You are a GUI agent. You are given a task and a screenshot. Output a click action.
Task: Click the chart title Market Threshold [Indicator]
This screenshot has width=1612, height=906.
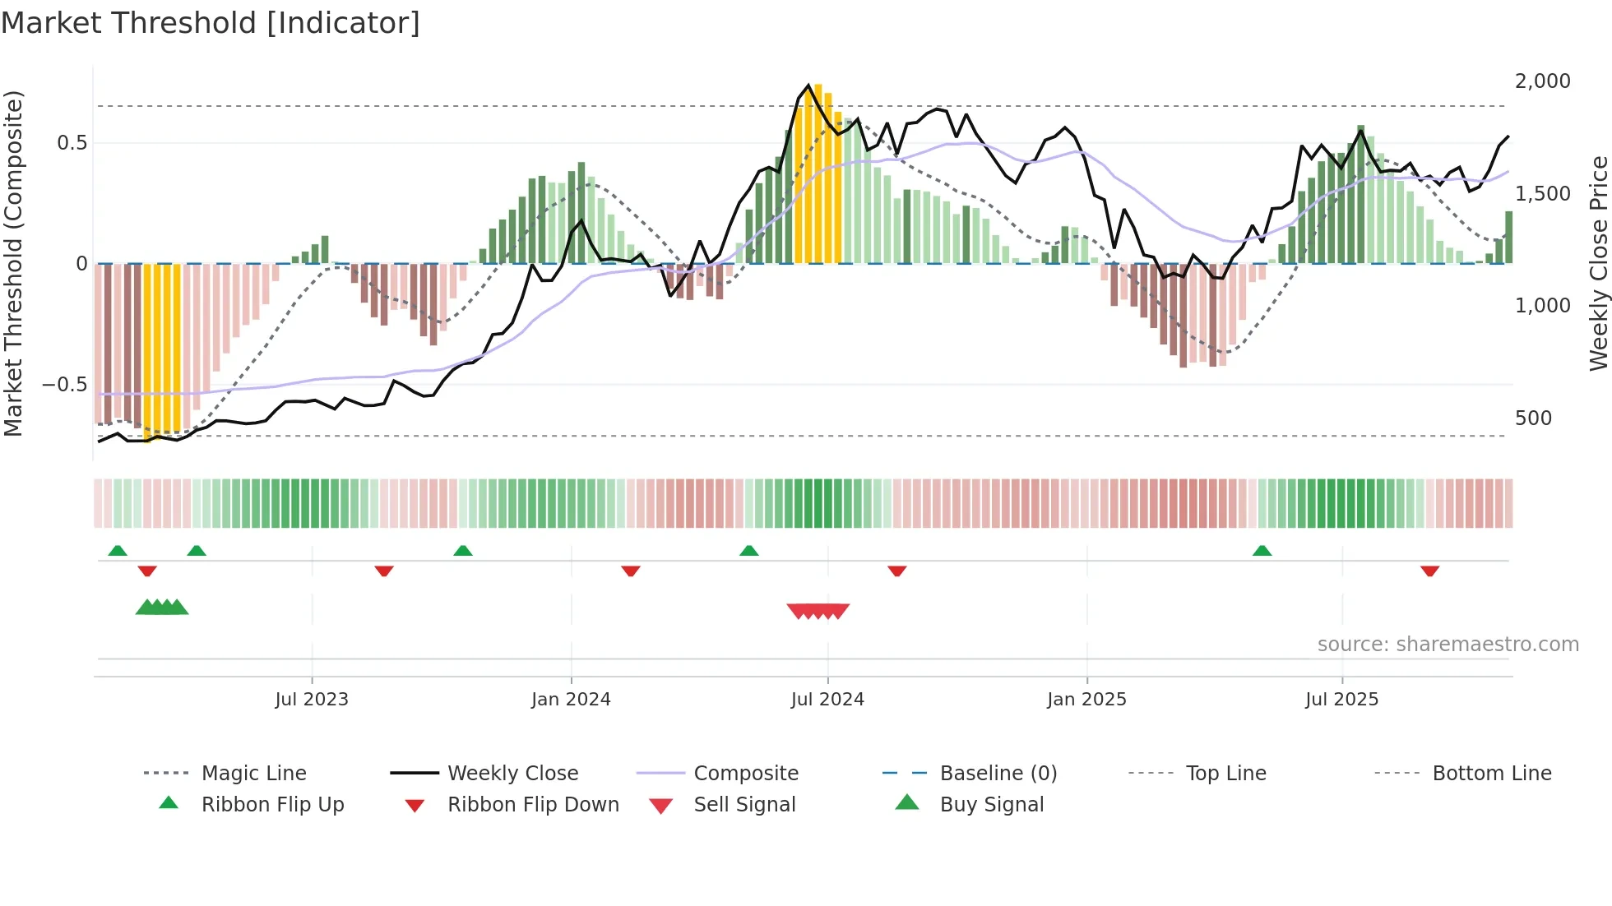[211, 23]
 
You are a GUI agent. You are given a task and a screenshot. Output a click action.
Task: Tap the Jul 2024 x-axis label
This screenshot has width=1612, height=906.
[827, 700]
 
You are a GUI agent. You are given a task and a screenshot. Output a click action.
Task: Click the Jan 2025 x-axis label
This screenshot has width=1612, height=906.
[1086, 700]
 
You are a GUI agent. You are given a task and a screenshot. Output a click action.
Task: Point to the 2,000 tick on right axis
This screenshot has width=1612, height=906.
[1542, 81]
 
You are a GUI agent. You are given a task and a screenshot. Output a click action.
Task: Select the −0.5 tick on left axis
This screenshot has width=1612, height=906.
[64, 385]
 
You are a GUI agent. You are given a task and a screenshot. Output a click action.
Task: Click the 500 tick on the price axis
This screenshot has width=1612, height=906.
[1533, 418]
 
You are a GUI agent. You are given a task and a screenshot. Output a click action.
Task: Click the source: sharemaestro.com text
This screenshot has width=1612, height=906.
[1448, 645]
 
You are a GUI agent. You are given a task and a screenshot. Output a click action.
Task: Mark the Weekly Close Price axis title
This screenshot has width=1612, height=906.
[1598, 263]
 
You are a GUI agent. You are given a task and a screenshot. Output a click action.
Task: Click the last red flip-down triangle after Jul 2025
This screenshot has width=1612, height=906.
[1429, 571]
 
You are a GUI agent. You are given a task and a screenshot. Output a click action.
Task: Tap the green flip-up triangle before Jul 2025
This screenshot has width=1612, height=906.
[1262, 550]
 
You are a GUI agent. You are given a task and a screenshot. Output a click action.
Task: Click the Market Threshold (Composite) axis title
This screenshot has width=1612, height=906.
[13, 263]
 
